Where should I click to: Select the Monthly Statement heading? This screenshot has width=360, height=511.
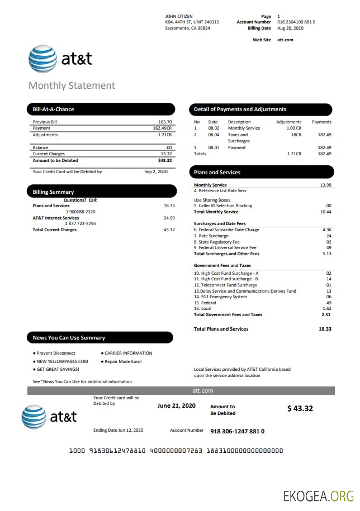(x=72, y=85)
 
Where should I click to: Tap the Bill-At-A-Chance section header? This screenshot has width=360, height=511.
(x=54, y=109)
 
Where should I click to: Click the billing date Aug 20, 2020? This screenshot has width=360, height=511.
(x=290, y=28)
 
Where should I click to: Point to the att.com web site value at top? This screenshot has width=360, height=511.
(x=285, y=40)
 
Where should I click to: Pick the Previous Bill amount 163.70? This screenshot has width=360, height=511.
(x=165, y=122)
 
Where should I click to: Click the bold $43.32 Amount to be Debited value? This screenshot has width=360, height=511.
(x=165, y=160)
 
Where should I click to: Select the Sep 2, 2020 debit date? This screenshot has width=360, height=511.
(x=156, y=172)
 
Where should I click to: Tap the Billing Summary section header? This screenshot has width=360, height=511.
(x=54, y=192)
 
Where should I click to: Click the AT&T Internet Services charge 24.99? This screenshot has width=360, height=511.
(x=169, y=218)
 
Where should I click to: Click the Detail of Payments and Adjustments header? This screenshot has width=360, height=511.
(x=240, y=109)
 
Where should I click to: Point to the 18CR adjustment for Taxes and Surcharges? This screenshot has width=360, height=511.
(x=296, y=135)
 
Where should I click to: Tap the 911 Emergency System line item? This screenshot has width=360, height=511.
(x=220, y=297)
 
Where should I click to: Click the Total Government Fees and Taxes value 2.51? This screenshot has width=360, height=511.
(x=326, y=314)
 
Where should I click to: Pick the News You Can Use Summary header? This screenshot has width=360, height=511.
(x=69, y=338)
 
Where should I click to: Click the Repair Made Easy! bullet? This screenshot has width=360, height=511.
(x=123, y=361)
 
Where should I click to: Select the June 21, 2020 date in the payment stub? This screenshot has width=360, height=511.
(x=177, y=405)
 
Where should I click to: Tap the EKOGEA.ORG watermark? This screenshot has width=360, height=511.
(x=319, y=495)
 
